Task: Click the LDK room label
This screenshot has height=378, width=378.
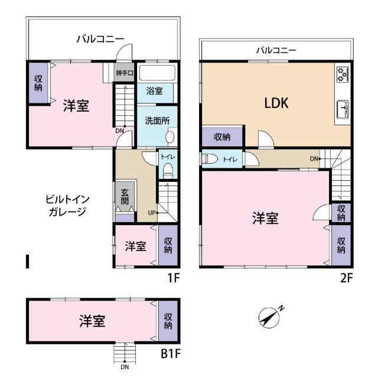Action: pyautogui.click(x=275, y=103)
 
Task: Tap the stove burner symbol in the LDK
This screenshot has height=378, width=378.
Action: pyautogui.click(x=343, y=74)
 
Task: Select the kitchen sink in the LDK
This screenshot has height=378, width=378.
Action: pyautogui.click(x=343, y=109)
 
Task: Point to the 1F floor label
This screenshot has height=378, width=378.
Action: pyautogui.click(x=172, y=276)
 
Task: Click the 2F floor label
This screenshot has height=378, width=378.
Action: pyautogui.click(x=346, y=276)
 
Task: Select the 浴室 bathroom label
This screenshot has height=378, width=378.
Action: pyautogui.click(x=155, y=92)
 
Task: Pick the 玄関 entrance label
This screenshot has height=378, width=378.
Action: pyautogui.click(x=125, y=197)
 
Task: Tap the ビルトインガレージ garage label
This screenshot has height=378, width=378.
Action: pyautogui.click(x=67, y=206)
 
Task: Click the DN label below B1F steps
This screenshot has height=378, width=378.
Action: pyautogui.click(x=125, y=367)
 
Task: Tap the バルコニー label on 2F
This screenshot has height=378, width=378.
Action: pyautogui.click(x=276, y=50)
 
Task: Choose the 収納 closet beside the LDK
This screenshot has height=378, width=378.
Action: pyautogui.click(x=222, y=137)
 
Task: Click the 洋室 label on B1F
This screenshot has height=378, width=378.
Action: pyautogui.click(x=93, y=321)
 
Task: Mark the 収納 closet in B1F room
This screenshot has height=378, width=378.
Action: pyautogui.click(x=167, y=320)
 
